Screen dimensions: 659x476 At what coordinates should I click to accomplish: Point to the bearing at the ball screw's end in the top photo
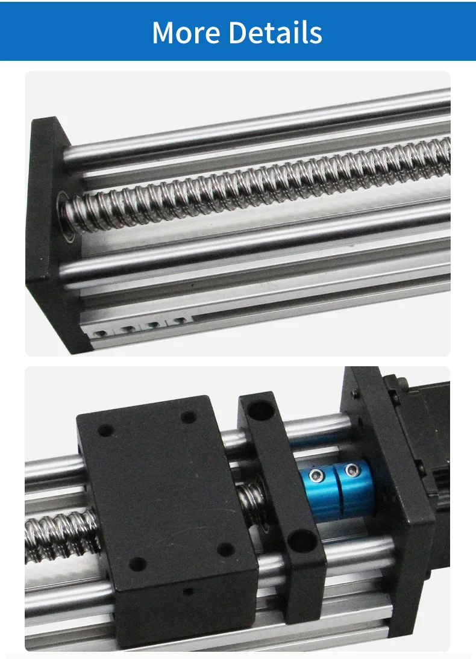click(x=67, y=217)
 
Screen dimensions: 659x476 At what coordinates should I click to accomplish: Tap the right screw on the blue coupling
click(x=349, y=470)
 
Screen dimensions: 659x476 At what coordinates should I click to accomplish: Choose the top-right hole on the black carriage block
click(x=189, y=417)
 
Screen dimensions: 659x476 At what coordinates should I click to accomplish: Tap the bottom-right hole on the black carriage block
click(x=225, y=549)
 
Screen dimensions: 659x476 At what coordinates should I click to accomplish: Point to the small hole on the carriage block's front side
click(x=188, y=592)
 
